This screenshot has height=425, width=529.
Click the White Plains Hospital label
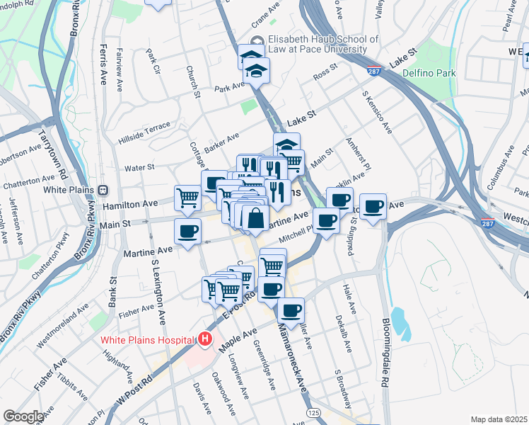[x=147, y=339]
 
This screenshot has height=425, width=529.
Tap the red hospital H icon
[x=205, y=339]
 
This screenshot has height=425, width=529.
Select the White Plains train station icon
[x=104, y=190]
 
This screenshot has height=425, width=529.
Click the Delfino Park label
[x=429, y=73]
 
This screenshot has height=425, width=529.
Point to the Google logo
[x=23, y=416]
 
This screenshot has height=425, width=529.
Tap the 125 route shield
[x=311, y=412]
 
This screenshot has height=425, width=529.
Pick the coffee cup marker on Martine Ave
[x=188, y=232]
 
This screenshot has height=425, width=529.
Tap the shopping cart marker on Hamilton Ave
[x=187, y=196]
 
